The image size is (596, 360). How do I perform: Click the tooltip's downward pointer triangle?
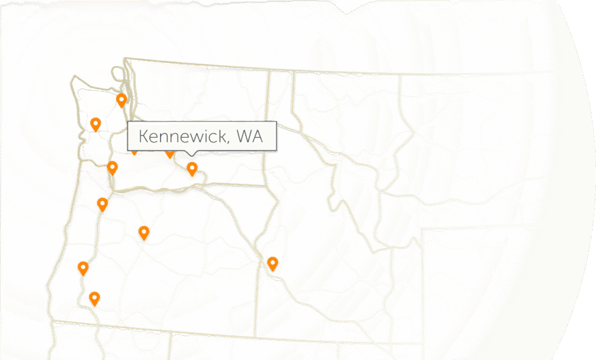(193, 154)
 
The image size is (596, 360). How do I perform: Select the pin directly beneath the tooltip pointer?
(191, 169)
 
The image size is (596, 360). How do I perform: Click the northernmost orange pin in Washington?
(122, 100)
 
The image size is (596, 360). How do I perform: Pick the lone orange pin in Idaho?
(272, 263)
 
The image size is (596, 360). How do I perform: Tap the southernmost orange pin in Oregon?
(94, 298)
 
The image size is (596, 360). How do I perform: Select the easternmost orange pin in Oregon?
(144, 233)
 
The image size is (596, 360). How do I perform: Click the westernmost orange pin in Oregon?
(83, 268)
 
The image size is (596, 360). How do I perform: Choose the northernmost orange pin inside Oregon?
(102, 204)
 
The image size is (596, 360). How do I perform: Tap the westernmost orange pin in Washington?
(96, 123)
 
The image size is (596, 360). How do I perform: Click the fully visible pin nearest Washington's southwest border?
(112, 168)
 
